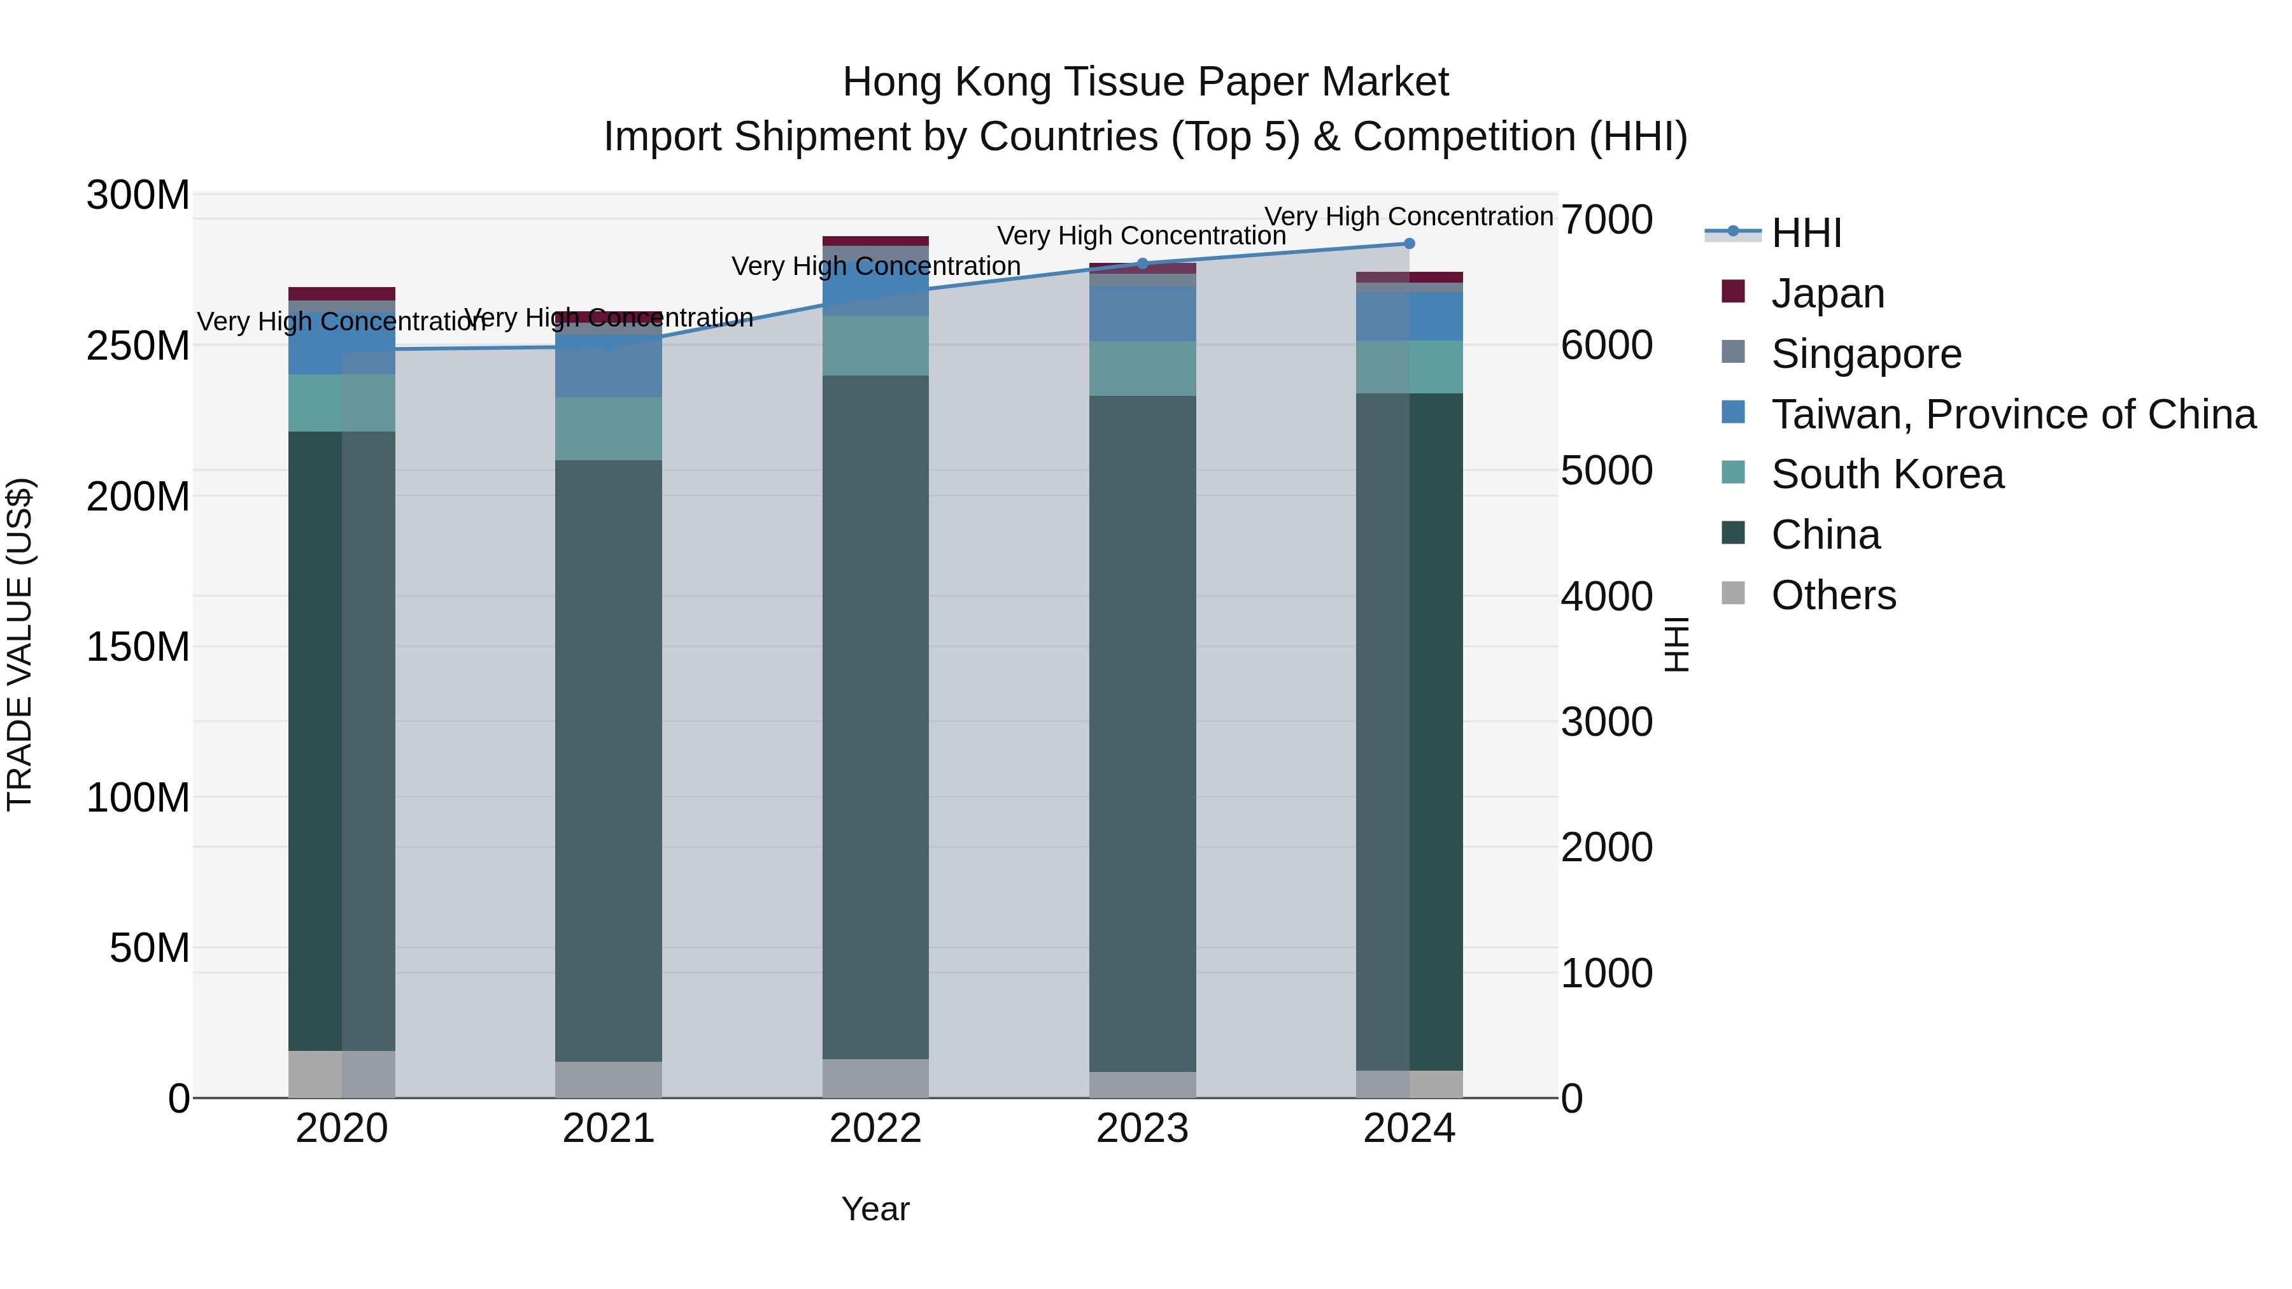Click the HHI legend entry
point(1806,233)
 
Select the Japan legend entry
point(1827,293)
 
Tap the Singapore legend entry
point(1866,354)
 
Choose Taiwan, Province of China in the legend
point(2013,414)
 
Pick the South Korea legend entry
point(1887,475)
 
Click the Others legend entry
point(1833,596)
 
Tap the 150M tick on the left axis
point(138,647)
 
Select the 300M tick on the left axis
point(138,195)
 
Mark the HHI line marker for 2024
point(1410,244)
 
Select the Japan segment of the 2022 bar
point(875,241)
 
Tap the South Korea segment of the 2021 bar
point(609,429)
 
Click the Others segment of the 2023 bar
point(1142,1085)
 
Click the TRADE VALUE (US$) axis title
point(20,645)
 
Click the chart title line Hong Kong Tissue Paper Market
point(1145,82)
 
